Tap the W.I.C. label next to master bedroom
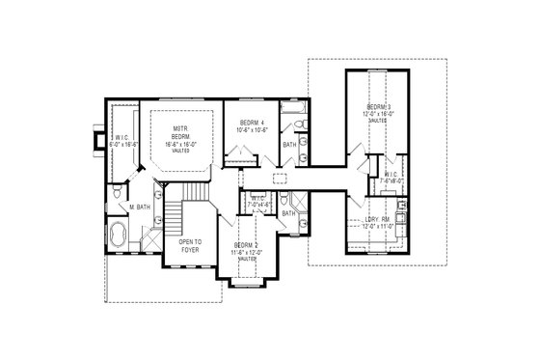120,138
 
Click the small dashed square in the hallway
280,180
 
